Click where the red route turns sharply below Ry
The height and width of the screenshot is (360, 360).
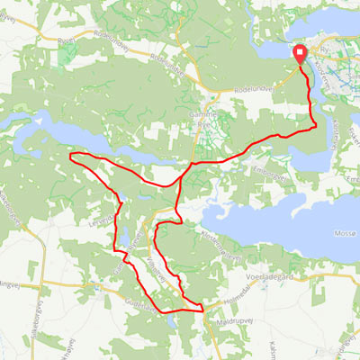click(x=315, y=126)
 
